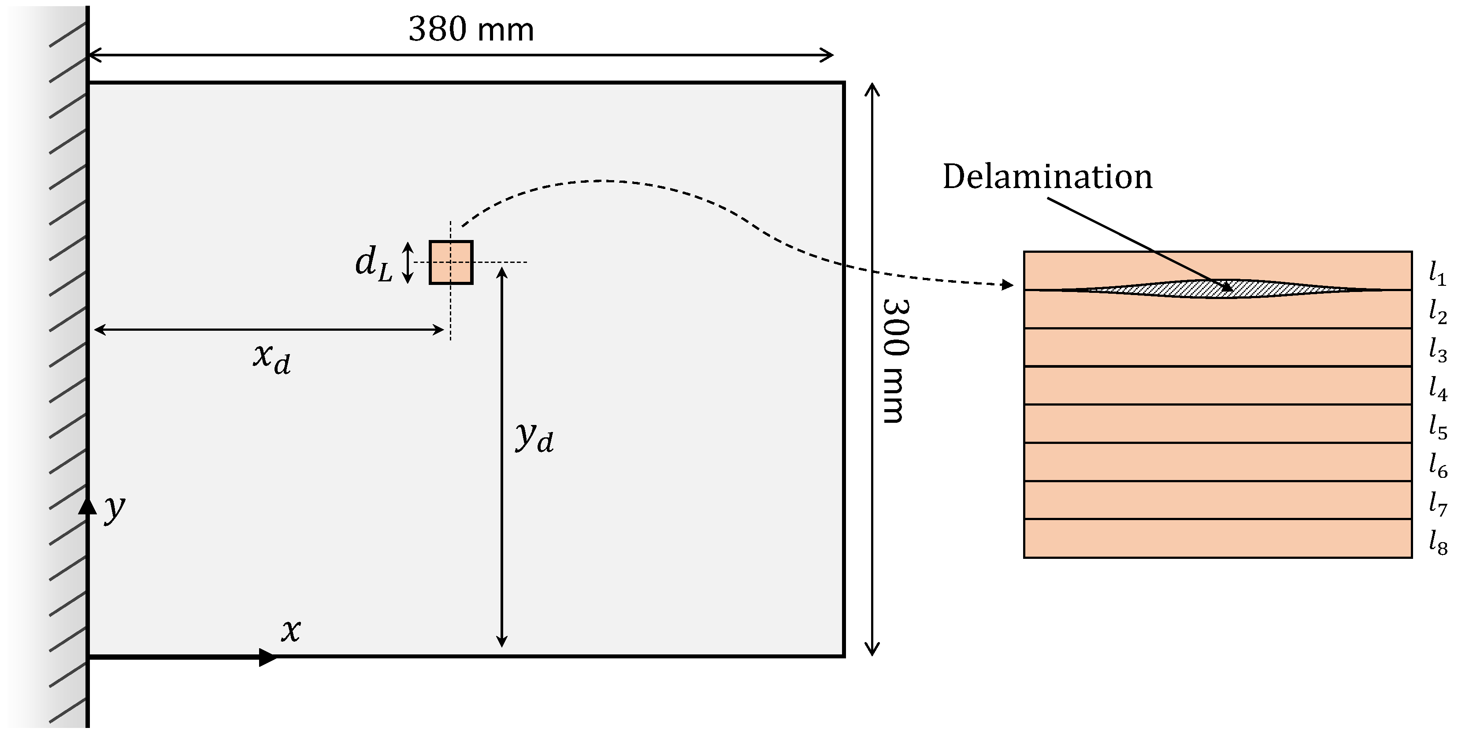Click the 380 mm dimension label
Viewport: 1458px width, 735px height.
(x=471, y=30)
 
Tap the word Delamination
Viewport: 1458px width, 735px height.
(x=1047, y=177)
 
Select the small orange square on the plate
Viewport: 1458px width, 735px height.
(x=451, y=262)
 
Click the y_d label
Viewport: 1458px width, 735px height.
(x=534, y=437)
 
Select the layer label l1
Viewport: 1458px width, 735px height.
(x=1437, y=274)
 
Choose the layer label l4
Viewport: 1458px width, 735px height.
(x=1437, y=389)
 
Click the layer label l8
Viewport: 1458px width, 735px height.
(x=1437, y=542)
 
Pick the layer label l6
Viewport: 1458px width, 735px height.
(x=1437, y=465)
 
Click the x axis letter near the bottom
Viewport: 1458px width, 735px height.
(x=291, y=629)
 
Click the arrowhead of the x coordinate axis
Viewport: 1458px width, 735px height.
(x=268, y=657)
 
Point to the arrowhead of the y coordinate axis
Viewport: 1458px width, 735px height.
(x=88, y=505)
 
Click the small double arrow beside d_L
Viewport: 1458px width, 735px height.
(x=408, y=262)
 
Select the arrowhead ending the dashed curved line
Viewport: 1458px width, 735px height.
(x=1007, y=284)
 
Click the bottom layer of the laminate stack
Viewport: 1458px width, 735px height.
(x=1217, y=538)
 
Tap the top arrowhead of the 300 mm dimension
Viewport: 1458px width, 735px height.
(x=872, y=89)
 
